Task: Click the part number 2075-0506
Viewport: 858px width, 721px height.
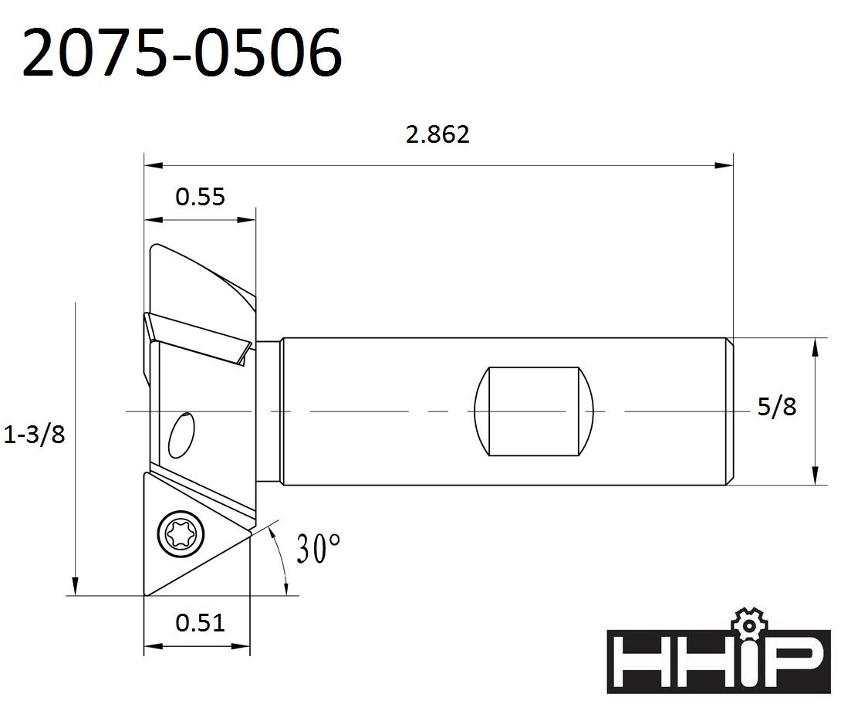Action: click(182, 53)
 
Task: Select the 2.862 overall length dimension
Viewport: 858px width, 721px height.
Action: click(437, 134)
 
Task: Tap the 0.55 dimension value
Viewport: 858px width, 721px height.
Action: click(200, 197)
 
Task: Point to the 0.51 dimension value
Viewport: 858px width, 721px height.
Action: click(200, 621)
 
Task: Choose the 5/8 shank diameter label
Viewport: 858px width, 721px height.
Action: click(775, 407)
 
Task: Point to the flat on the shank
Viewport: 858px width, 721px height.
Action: click(528, 411)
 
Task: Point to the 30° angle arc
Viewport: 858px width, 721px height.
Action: click(284, 562)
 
